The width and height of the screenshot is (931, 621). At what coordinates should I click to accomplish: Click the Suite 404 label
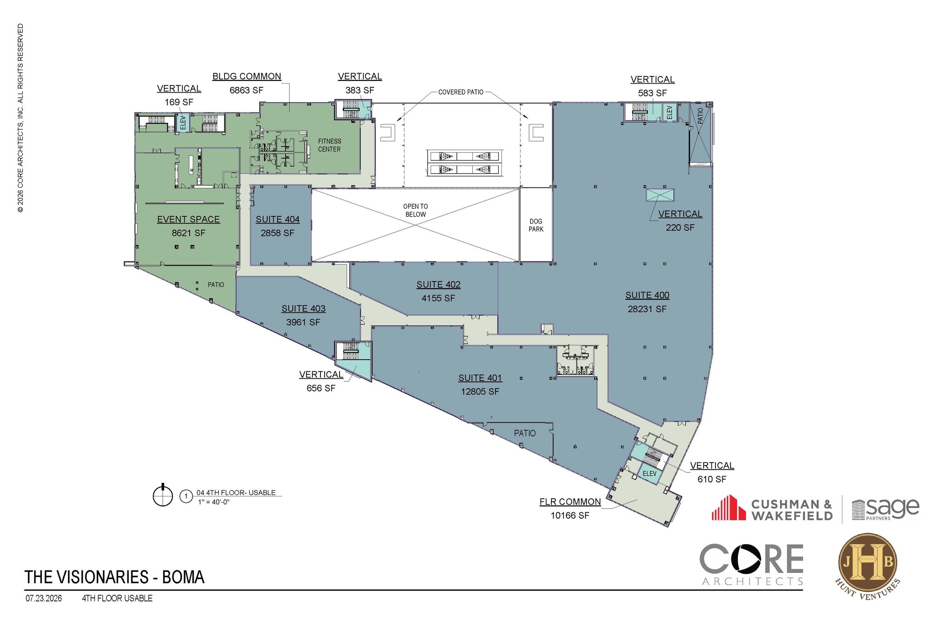(277, 219)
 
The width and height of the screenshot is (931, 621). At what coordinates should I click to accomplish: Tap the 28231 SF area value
(647, 309)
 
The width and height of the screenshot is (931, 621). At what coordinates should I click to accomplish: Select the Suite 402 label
(438, 285)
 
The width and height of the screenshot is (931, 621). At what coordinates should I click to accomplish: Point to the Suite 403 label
(303, 309)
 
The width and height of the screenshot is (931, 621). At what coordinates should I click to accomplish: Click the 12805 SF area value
(480, 391)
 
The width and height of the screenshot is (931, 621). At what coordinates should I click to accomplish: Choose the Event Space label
(188, 219)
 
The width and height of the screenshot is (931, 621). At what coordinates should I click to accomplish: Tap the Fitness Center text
(330, 145)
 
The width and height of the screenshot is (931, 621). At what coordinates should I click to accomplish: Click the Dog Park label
(536, 225)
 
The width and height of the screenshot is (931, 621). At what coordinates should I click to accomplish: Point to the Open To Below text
(415, 210)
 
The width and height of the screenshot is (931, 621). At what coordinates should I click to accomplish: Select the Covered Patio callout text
(461, 92)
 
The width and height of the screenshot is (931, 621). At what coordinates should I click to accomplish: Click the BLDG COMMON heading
(247, 76)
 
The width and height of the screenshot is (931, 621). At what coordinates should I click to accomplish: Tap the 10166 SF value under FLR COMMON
(570, 516)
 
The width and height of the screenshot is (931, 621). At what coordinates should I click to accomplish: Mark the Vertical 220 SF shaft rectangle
(660, 195)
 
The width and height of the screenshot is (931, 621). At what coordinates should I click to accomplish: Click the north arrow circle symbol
(163, 495)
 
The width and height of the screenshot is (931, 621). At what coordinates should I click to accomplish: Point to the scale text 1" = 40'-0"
(214, 502)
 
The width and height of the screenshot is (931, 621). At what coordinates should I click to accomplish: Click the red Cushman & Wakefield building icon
(728, 507)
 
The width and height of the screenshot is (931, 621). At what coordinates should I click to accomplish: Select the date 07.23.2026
(44, 598)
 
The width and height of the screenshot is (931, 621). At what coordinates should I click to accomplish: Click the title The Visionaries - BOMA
(115, 577)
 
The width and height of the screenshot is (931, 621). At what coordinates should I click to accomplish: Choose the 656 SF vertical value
(321, 388)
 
